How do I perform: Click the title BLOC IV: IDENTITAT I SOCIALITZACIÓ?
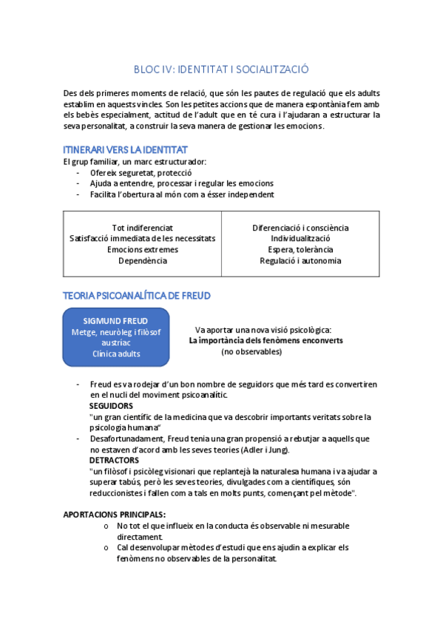click(221, 70)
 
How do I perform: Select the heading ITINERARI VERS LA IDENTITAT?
click(125, 150)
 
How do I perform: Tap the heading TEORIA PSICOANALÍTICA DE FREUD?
click(137, 296)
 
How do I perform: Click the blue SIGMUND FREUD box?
click(116, 337)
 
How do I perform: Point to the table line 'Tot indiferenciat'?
click(142, 228)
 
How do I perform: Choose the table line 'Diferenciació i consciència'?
click(300, 228)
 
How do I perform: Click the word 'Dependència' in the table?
click(142, 260)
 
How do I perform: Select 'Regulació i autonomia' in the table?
click(300, 260)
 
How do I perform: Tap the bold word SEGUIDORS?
click(111, 406)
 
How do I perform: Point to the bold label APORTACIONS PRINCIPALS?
click(115, 515)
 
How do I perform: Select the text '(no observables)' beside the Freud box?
click(251, 352)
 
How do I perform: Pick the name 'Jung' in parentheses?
click(278, 450)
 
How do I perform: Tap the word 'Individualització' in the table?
click(300, 239)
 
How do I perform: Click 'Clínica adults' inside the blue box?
click(116, 353)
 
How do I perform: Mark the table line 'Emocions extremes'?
click(142, 250)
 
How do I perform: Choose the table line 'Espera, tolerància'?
click(300, 250)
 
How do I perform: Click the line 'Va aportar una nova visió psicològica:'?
click(263, 330)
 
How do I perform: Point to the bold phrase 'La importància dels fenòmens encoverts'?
click(266, 341)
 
